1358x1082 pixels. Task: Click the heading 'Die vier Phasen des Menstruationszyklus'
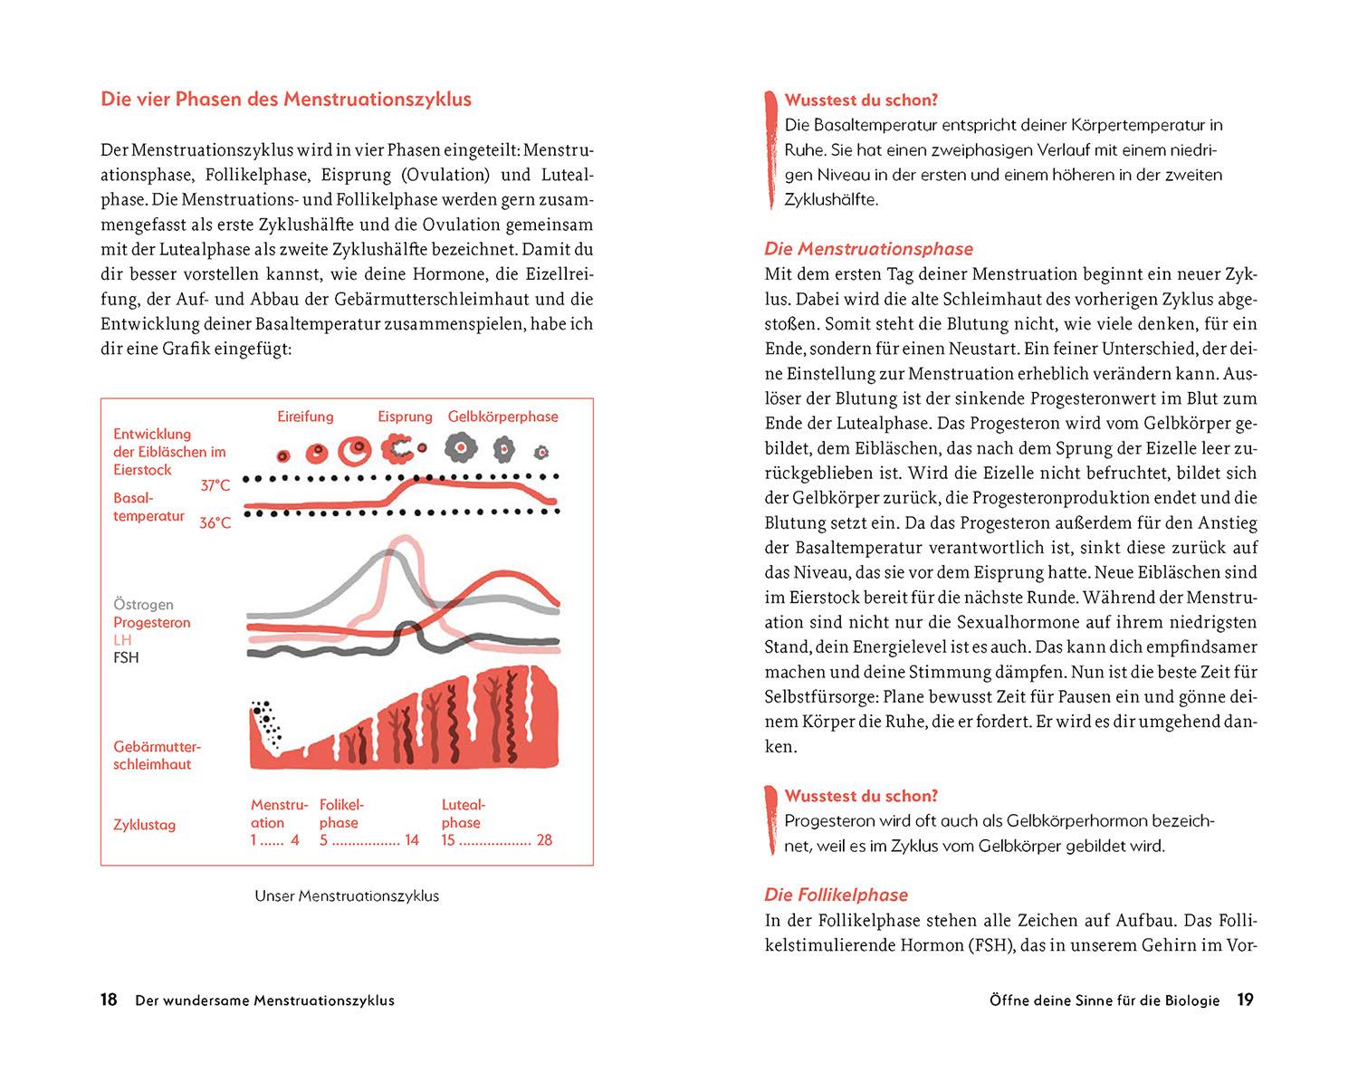click(286, 100)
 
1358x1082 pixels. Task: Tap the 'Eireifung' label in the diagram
click(305, 417)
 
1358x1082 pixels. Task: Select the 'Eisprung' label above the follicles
click(405, 417)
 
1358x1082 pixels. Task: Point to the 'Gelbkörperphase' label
click(502, 417)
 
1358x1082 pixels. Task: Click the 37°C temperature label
click(215, 485)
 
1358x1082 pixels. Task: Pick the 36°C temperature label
click(215, 522)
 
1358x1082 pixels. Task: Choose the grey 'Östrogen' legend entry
click(143, 604)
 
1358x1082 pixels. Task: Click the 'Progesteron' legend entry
click(152, 622)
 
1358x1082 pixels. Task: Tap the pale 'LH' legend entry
click(122, 640)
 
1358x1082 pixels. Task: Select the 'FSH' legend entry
click(126, 657)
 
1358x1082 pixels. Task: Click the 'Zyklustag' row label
click(144, 825)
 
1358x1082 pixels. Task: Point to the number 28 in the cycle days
click(544, 840)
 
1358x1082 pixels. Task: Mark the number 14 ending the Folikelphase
click(412, 840)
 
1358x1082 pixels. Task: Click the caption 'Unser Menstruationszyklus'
click(347, 896)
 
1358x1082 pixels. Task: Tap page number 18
click(109, 1001)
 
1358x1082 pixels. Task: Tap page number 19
click(1245, 1001)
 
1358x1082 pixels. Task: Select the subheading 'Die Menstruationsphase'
click(868, 249)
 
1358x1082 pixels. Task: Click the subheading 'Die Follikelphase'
click(836, 895)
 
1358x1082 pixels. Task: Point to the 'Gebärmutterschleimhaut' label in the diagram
click(157, 755)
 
